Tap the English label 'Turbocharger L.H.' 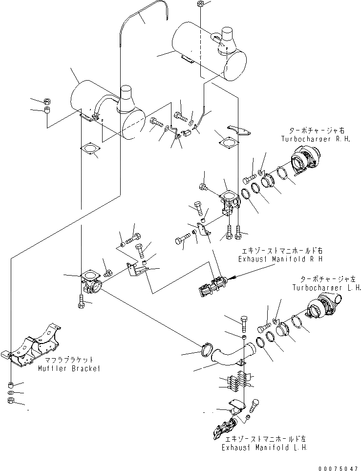[327, 288]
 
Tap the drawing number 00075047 [338, 467]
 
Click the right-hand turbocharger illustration [306, 162]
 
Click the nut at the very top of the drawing [201, 4]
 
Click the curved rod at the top [147, 15]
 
